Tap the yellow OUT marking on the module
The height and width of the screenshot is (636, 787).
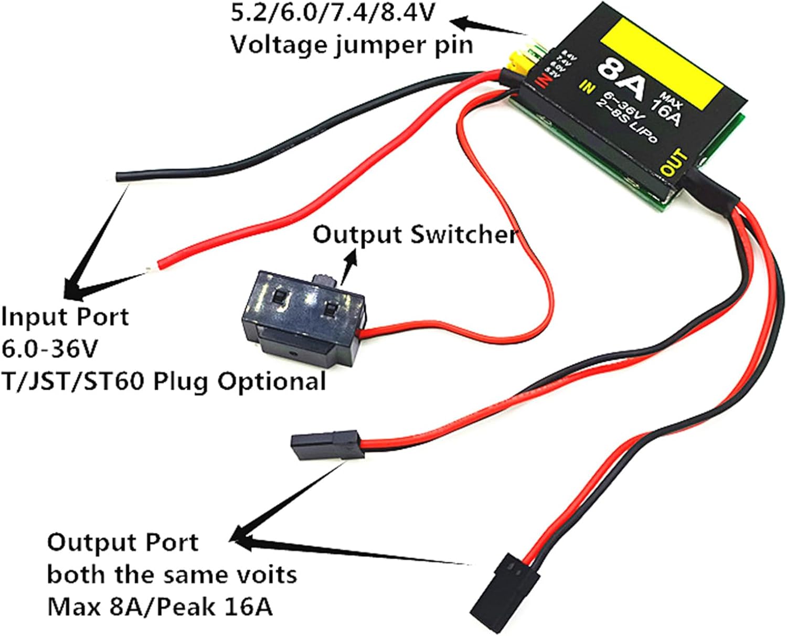coord(674,163)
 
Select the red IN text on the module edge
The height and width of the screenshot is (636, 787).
coord(543,80)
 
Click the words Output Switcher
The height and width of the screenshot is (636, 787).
coord(414,235)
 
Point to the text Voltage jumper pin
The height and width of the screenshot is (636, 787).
coord(352,45)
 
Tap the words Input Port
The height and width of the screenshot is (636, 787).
coord(65,317)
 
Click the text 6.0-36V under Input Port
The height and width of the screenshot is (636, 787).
coord(50,349)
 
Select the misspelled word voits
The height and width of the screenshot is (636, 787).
coord(265,575)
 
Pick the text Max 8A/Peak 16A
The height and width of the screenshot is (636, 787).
coord(160,607)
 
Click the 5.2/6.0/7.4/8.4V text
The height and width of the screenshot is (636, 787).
coord(333,13)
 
